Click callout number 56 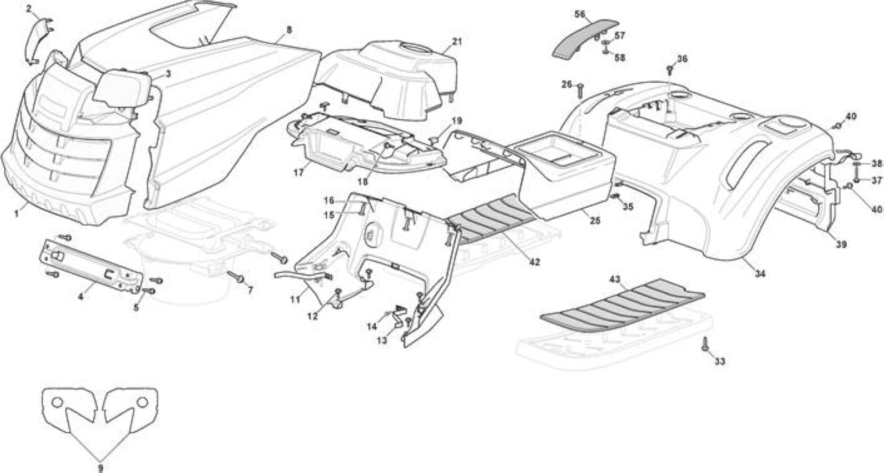579,15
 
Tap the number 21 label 457,41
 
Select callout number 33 720,361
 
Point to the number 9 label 101,468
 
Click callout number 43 615,279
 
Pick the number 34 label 760,273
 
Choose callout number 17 299,173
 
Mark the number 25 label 595,221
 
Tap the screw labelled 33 704,344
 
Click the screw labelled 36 669,70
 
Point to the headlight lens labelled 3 122,88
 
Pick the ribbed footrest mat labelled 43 622,306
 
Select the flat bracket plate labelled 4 90,267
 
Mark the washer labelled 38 858,164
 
